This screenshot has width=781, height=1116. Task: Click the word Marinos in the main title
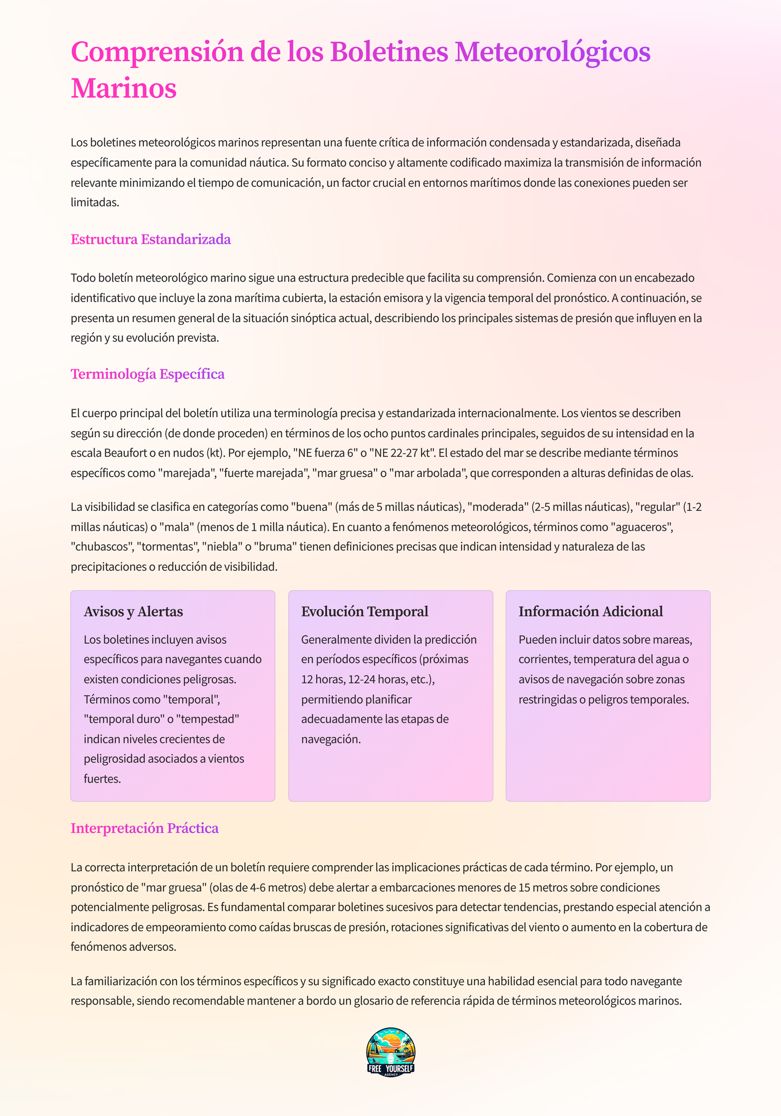pos(124,89)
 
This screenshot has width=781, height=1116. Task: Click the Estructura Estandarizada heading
pos(151,239)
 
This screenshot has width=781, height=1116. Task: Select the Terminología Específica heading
pos(148,374)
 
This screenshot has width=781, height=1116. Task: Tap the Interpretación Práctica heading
pos(145,828)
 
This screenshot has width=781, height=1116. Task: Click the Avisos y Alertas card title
pos(133,612)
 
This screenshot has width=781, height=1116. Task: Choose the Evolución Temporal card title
pos(365,612)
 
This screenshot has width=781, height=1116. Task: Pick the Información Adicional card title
pos(591,612)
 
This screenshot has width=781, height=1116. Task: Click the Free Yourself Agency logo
pos(390,1053)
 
